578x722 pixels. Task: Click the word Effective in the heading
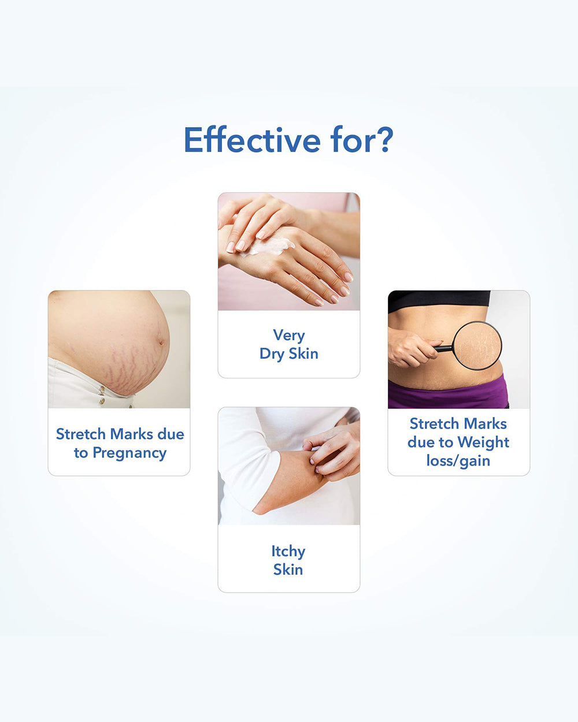point(252,139)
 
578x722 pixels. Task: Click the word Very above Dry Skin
point(289,336)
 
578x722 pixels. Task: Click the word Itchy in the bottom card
point(288,552)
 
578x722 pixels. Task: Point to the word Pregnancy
point(129,453)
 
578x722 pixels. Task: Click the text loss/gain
point(458,461)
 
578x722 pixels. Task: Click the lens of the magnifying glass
point(477,345)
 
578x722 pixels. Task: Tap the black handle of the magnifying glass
point(443,349)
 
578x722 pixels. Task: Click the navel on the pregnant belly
point(161,342)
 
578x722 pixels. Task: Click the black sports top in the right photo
point(439,300)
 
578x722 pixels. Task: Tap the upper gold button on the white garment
point(102,389)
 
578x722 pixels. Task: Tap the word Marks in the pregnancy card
point(132,434)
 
